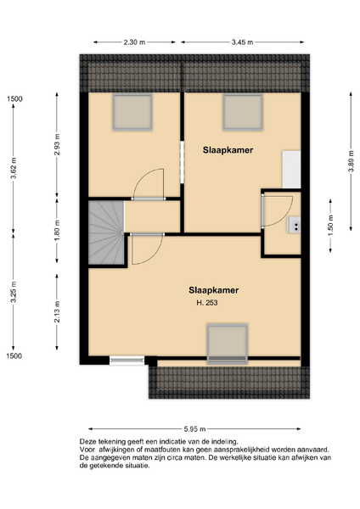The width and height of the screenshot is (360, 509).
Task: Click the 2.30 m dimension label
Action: pyautogui.click(x=134, y=42)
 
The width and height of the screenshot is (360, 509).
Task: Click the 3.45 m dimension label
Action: pyautogui.click(x=242, y=42)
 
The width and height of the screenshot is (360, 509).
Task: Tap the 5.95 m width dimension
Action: pyautogui.click(x=195, y=429)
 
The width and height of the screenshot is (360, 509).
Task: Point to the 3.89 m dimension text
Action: pyautogui.click(x=351, y=162)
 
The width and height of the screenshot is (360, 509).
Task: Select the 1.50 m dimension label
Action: pyautogui.click(x=330, y=226)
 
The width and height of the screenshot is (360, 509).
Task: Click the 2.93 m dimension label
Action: pyautogui.click(x=57, y=145)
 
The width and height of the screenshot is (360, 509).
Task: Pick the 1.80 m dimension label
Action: pyautogui.click(x=57, y=231)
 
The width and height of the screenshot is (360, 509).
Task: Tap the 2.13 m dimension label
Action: pyautogui.click(x=57, y=312)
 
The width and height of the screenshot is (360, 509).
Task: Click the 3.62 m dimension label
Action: pyautogui.click(x=14, y=168)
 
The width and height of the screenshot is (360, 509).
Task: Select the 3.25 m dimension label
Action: pyautogui.click(x=14, y=292)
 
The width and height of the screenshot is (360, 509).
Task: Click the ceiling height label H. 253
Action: pyautogui.click(x=207, y=303)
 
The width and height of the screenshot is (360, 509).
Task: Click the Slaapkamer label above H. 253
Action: pyautogui.click(x=214, y=290)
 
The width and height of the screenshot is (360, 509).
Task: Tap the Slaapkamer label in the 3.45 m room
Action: pyautogui.click(x=228, y=150)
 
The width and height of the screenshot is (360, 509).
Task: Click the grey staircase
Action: pyautogui.click(x=107, y=232)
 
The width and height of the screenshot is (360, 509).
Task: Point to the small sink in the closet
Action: pyautogui.click(x=294, y=225)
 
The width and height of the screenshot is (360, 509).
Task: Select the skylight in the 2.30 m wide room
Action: pyautogui.click(x=132, y=112)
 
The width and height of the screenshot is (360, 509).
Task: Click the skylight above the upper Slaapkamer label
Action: pyautogui.click(x=243, y=112)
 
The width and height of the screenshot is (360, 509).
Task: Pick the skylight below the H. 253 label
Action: pyautogui.click(x=228, y=344)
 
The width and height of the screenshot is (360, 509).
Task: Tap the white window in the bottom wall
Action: pyautogui.click(x=127, y=360)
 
